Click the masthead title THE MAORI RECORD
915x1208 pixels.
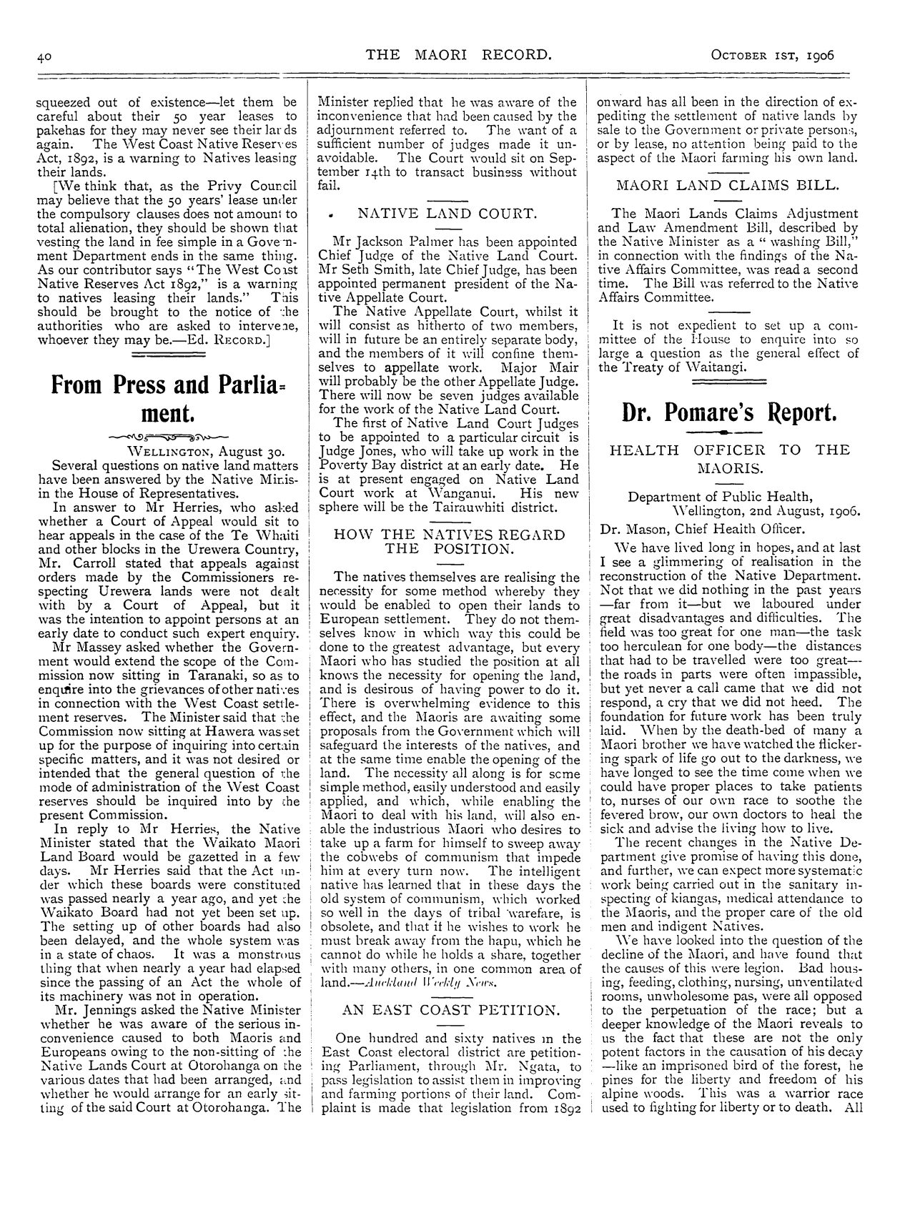[x=458, y=54]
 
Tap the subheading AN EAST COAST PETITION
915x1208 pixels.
[x=449, y=1009]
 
